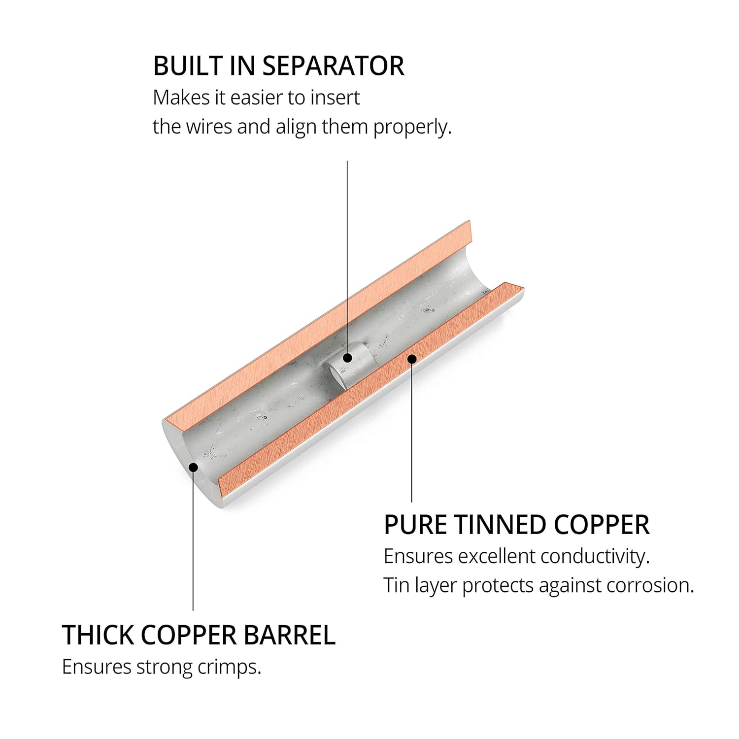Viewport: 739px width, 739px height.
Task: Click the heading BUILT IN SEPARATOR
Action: pyautogui.click(x=279, y=66)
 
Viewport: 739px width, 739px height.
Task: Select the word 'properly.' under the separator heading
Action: pyautogui.click(x=412, y=127)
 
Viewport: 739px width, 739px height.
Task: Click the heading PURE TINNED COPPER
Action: pyautogui.click(x=516, y=525)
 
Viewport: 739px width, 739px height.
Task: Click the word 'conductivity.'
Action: pyautogui.click(x=595, y=556)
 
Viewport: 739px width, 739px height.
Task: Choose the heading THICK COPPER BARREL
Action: pyautogui.click(x=199, y=635)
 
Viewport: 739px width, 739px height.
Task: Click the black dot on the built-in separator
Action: pyautogui.click(x=347, y=358)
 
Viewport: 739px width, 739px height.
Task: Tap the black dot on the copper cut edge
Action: pyautogui.click(x=412, y=358)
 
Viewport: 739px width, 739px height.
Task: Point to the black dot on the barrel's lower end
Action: pyautogui.click(x=193, y=467)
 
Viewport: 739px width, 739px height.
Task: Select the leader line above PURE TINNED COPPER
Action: pyautogui.click(x=412, y=433)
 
